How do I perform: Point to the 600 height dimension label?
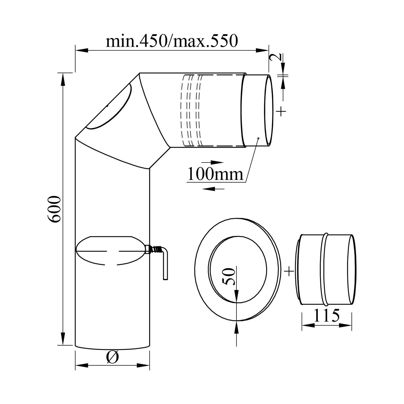(x=54, y=209)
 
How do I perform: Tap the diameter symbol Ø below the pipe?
(x=113, y=357)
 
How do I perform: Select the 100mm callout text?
(x=215, y=174)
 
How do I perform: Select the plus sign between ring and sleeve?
(x=289, y=271)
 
